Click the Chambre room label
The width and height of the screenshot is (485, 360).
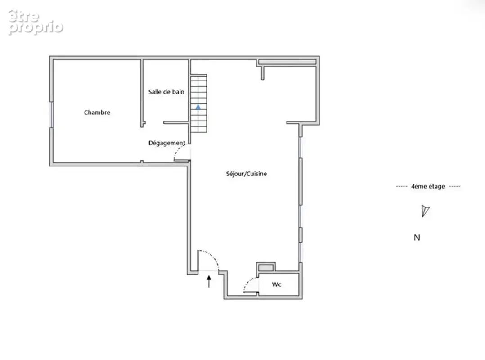tap(97, 112)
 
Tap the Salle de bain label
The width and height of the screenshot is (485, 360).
tap(166, 92)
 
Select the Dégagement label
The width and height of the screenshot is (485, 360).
tap(167, 143)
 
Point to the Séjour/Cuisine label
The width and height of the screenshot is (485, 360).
tap(246, 174)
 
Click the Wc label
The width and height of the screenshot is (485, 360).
tap(277, 284)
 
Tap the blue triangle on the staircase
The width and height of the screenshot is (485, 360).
tap(198, 107)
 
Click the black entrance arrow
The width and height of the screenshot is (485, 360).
tap(209, 281)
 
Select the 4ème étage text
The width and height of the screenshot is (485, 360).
tap(428, 186)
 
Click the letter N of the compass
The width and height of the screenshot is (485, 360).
tap(417, 238)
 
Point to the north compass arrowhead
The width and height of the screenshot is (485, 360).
tap(425, 211)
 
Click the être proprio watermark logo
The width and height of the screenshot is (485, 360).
tap(35, 22)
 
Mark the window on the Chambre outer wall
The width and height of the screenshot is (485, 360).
tap(52, 114)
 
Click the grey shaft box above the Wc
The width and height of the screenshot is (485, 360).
tap(266, 268)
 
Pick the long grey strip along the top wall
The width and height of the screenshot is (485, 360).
tap(287, 62)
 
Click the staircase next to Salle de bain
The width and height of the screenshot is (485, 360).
tap(198, 103)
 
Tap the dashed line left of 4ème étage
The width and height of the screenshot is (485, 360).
tap(401, 186)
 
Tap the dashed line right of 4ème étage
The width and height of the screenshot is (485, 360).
tap(455, 186)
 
